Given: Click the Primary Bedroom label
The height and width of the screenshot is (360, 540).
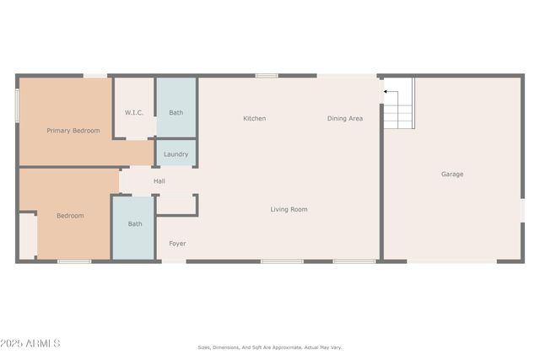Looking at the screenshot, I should [x=73, y=131].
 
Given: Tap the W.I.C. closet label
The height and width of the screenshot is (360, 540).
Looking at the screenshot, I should [x=134, y=112].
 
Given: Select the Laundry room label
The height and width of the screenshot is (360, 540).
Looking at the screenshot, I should [x=175, y=154].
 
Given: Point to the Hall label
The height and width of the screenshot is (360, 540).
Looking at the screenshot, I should [x=159, y=181].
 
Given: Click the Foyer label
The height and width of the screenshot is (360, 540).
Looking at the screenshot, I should [x=177, y=244].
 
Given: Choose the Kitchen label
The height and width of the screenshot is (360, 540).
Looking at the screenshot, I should [x=254, y=119].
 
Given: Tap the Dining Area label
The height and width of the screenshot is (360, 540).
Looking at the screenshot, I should [x=345, y=119].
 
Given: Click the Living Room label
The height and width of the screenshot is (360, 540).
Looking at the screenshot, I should [x=289, y=209].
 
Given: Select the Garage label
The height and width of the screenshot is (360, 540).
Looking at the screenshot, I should [x=452, y=175].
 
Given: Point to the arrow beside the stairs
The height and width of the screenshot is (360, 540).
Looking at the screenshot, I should [x=387, y=91].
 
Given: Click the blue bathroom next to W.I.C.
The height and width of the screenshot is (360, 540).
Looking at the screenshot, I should [x=176, y=108].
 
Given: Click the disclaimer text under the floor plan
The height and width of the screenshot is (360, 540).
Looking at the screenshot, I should [x=270, y=347].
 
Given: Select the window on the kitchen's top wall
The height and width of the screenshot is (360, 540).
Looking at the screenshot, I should [x=267, y=76].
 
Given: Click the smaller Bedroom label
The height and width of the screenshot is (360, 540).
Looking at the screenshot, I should [x=70, y=216].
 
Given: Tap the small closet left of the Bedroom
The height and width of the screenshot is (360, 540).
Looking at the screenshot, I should [x=27, y=235].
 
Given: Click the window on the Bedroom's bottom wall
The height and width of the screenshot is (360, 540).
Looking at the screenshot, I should [x=74, y=261].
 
